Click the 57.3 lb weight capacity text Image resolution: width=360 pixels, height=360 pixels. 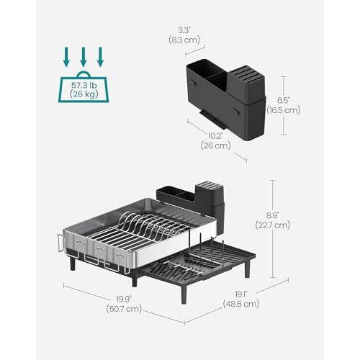coord(84,85)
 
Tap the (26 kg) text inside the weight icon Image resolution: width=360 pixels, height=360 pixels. coord(84,94)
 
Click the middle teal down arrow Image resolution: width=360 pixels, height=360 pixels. coord(84,57)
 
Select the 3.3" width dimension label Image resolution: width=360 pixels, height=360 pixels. coord(184,30)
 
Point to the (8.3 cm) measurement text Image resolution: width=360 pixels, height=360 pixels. coord(184,40)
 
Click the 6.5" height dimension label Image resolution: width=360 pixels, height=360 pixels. coord(284,100)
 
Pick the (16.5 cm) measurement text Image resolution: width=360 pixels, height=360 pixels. coord(284,110)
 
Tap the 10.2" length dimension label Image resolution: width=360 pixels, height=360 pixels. coord(215,136)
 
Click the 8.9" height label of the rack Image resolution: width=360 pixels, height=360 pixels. coord(272,215)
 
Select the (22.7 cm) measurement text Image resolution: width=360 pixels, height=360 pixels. coord(273,225)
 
